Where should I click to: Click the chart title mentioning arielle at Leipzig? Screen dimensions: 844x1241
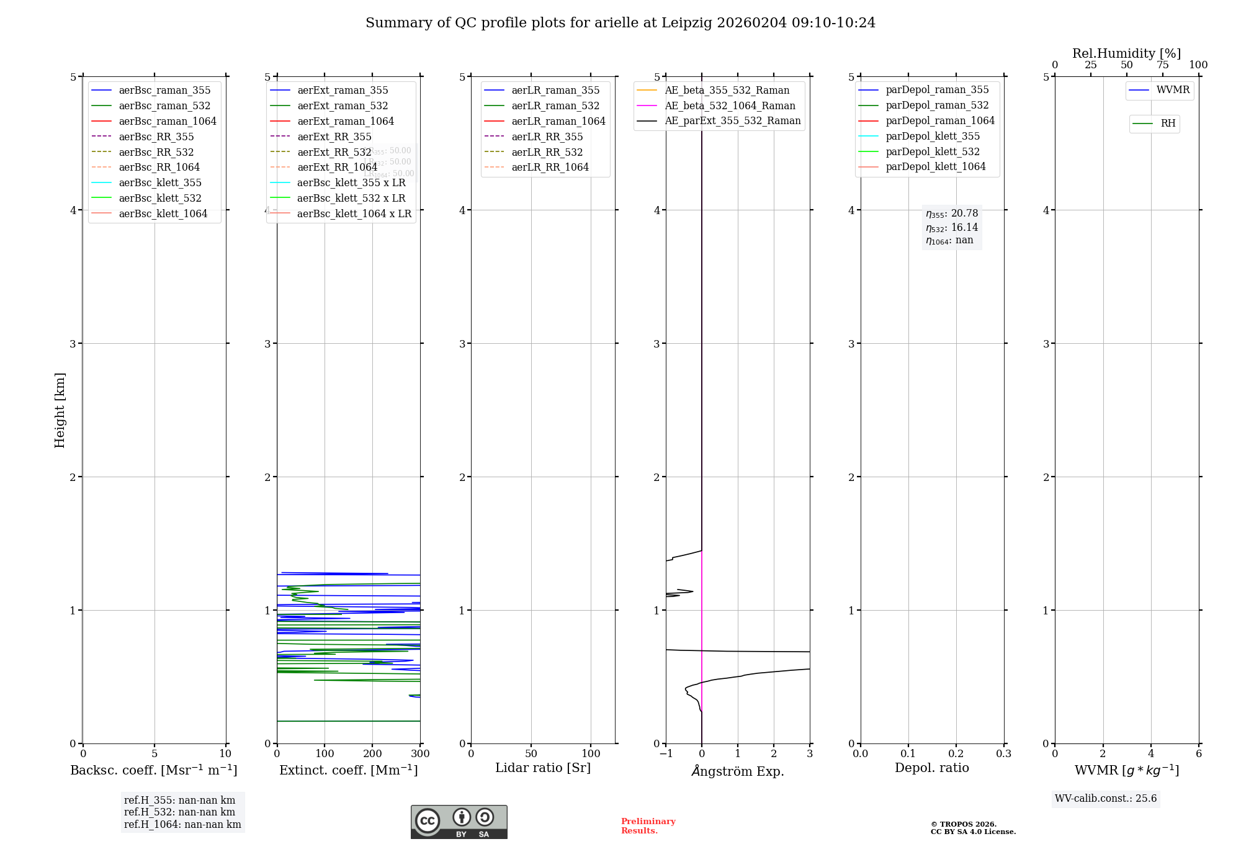(620, 23)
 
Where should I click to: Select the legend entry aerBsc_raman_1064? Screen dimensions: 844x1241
(167, 121)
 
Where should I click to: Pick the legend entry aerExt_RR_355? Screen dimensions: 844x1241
(334, 137)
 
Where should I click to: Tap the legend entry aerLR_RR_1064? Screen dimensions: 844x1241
(549, 167)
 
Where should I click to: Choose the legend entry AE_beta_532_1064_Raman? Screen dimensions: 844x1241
(729, 105)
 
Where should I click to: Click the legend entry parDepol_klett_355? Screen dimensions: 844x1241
(932, 136)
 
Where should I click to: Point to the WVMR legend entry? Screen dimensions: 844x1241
(1172, 90)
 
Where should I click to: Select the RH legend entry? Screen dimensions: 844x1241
(1167, 123)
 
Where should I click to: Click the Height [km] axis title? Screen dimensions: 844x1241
(60, 410)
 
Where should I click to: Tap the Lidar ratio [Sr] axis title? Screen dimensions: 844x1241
(543, 768)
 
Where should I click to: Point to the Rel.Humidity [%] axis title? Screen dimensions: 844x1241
(1126, 53)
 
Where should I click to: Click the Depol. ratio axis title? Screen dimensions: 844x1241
(931, 768)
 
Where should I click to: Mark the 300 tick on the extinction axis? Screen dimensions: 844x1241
(420, 754)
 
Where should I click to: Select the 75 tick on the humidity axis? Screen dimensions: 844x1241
(1162, 65)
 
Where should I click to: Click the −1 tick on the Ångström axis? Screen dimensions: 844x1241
(666, 754)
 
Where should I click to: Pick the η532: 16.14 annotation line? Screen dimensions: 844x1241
(951, 228)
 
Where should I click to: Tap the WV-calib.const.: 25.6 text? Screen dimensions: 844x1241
(1106, 799)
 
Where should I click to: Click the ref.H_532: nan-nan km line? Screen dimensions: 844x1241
(179, 812)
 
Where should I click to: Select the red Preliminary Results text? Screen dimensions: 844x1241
(648, 826)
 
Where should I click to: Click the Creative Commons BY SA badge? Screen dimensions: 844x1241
(459, 822)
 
